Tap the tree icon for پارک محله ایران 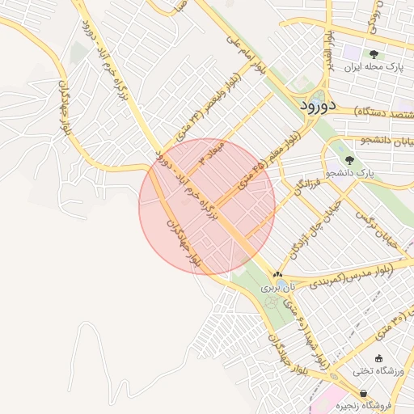(x=374, y=53)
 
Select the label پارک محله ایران (x=373, y=66)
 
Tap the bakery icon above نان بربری (x=278, y=275)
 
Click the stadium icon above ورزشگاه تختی (x=378, y=358)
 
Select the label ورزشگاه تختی (x=374, y=372)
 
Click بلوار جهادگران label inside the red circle (x=183, y=242)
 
